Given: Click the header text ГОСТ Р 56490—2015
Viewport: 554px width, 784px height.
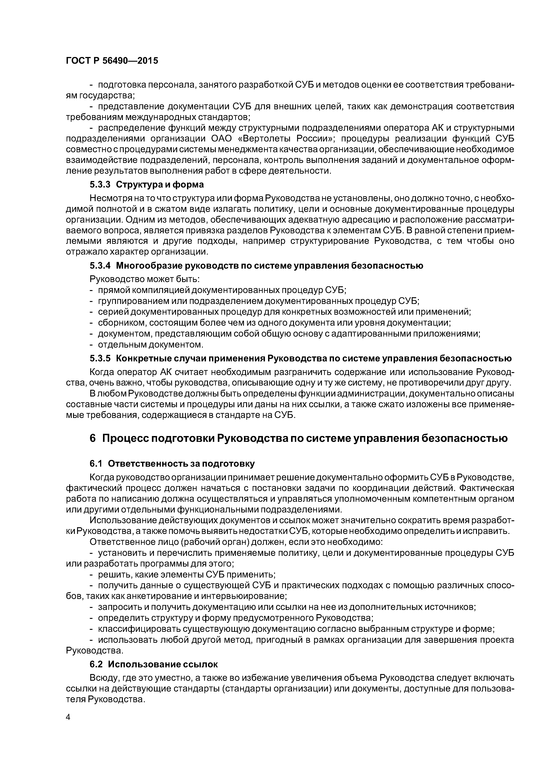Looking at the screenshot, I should pyautogui.click(x=112, y=61).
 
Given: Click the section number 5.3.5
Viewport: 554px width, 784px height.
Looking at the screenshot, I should pyautogui.click(x=100, y=358).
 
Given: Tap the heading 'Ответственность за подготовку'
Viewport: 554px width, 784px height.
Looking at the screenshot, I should pyautogui.click(x=181, y=464).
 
